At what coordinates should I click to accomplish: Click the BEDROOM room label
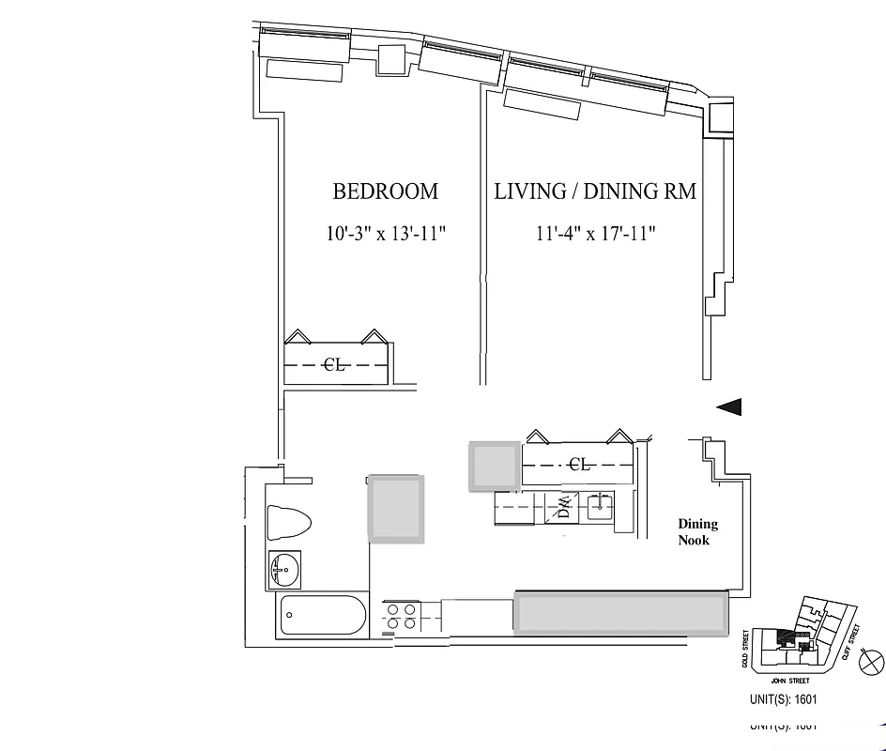pos(385,192)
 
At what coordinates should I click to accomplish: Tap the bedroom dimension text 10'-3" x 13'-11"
pos(385,234)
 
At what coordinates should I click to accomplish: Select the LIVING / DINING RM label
pos(595,192)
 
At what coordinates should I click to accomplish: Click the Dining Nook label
pos(698,532)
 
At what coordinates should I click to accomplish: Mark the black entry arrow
pos(729,406)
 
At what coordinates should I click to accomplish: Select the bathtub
pos(322,616)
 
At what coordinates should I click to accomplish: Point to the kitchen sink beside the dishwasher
pos(598,508)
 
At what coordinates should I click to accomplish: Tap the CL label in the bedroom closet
pos(334,365)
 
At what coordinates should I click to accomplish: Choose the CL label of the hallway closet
pos(580,464)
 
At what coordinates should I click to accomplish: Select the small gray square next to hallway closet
pos(494,466)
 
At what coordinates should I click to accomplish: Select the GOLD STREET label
pos(746,649)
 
